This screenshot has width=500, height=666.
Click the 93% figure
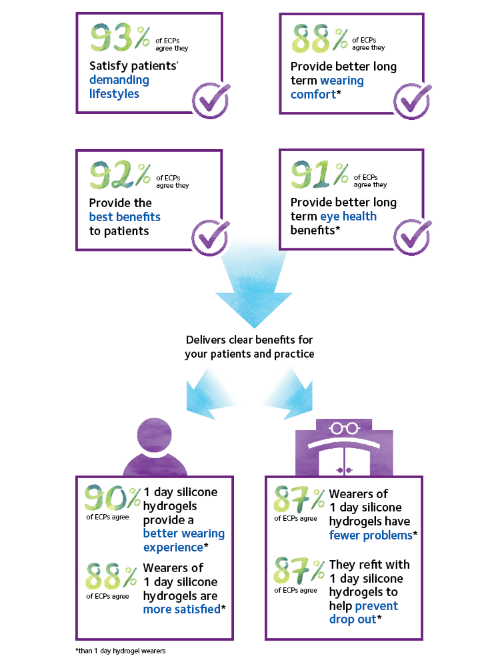click(x=120, y=37)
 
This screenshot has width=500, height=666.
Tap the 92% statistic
click(x=120, y=174)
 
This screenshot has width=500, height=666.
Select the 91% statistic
click(x=320, y=174)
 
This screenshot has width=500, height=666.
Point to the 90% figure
click(x=112, y=498)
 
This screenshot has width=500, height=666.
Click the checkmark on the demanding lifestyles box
click(x=211, y=101)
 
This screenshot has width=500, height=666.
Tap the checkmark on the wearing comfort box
click(x=412, y=101)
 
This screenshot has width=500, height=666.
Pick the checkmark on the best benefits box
click(x=211, y=237)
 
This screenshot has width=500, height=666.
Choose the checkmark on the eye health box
click(x=412, y=237)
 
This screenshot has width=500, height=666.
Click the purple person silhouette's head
click(x=155, y=435)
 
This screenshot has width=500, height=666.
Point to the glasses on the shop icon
click(x=345, y=428)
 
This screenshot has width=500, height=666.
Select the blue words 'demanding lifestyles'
click(x=119, y=87)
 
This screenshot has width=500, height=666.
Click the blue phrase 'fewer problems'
click(x=371, y=535)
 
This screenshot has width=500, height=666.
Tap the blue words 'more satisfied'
click(x=181, y=609)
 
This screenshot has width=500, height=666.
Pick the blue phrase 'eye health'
click(x=348, y=216)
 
